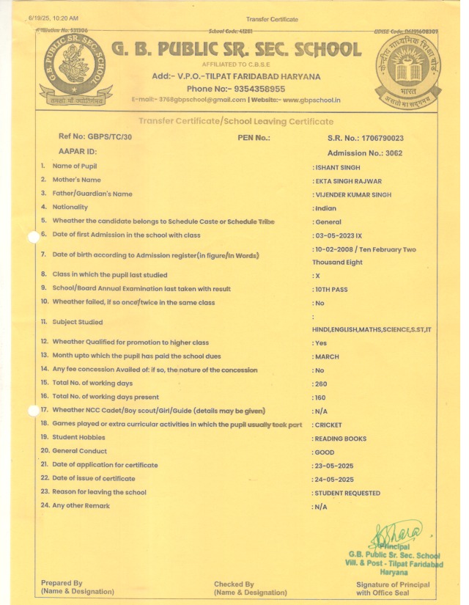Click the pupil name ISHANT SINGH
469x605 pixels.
tap(339, 167)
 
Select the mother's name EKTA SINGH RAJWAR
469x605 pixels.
tap(349, 180)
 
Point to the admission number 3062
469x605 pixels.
tap(395, 153)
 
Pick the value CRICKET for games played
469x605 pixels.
tap(329, 425)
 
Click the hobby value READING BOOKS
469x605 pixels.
tap(340, 439)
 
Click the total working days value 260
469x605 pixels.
tap(322, 384)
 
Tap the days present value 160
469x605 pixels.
tap(322, 397)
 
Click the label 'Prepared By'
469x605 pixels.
tap(62, 584)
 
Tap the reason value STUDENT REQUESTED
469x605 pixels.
tap(348, 493)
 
